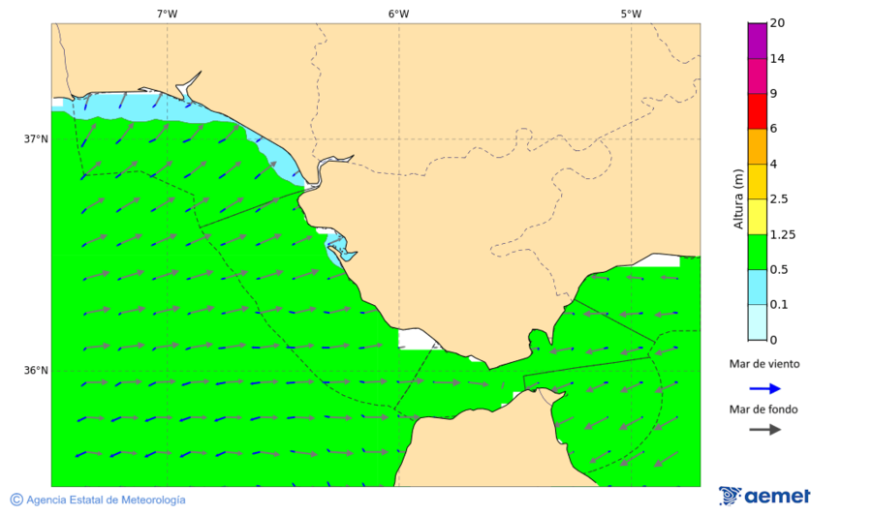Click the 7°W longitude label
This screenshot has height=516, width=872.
[167, 14]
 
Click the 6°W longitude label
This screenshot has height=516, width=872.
[398, 14]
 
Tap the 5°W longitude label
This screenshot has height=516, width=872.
[631, 14]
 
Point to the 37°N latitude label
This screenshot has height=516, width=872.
[36, 138]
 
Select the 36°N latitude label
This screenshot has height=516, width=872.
[36, 370]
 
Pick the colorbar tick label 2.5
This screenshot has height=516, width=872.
[778, 199]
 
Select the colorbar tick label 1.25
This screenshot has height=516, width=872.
[781, 234]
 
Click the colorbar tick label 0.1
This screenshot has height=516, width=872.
[778, 304]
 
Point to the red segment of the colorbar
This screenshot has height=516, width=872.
[757, 110]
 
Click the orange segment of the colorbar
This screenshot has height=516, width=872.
[757, 146]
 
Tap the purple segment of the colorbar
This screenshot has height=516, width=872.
[757, 41]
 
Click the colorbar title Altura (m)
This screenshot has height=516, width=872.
[738, 199]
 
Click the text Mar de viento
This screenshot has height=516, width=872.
[764, 364]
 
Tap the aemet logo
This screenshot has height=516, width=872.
[764, 496]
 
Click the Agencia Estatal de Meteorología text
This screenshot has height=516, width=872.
[106, 500]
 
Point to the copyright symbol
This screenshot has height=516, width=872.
[16, 500]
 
